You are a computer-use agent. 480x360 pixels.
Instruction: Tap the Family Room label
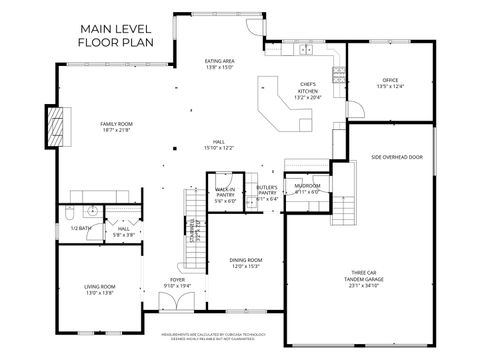116,128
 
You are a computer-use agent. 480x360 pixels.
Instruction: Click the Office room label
390,83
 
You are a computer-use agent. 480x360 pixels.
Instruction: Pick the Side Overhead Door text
397,157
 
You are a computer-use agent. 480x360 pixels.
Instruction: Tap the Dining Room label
245,263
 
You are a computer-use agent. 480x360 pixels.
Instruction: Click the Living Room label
99,291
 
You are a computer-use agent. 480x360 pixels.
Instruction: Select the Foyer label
177,283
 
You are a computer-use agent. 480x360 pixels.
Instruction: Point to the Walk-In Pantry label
225,195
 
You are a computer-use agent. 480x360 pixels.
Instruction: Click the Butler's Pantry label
266,193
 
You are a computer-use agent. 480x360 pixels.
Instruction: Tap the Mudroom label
307,189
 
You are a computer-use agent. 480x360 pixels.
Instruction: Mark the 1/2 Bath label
79,228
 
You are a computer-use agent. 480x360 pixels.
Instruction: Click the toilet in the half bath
66,213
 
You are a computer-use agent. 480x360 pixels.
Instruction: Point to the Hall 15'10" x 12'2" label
219,145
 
